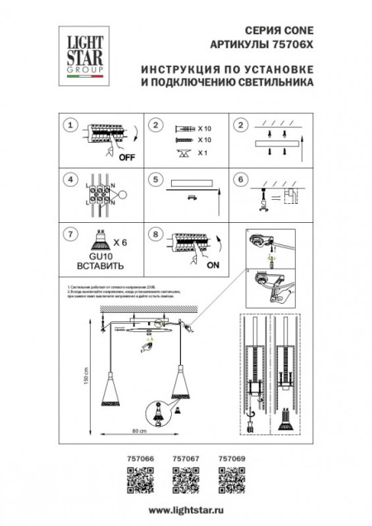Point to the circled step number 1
pyautogui.click(x=71, y=126)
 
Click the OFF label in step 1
pyautogui.click(x=127, y=156)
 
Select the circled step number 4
pyautogui.click(x=71, y=178)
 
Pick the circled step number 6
pyautogui.click(x=240, y=178)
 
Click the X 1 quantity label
pyautogui.click(x=205, y=154)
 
